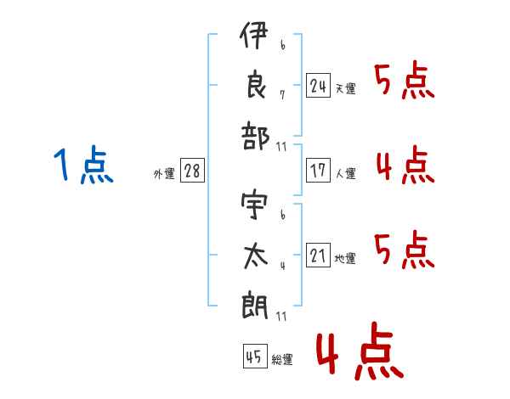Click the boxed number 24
[x=318, y=86]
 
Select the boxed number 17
[x=318, y=171]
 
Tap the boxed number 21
[x=318, y=256]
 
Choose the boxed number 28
[x=192, y=171]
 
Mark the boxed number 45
[x=254, y=357]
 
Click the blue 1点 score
[x=83, y=166]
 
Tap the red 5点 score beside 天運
[x=405, y=82]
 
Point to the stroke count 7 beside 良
[x=281, y=94]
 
